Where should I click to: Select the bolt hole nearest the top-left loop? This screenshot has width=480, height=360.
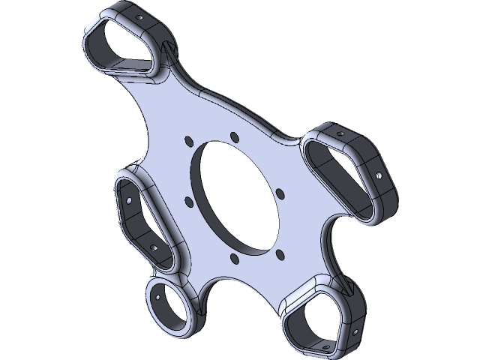pyautogui.click(x=187, y=139)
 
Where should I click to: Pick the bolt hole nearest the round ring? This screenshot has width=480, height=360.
pyautogui.click(x=235, y=258)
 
